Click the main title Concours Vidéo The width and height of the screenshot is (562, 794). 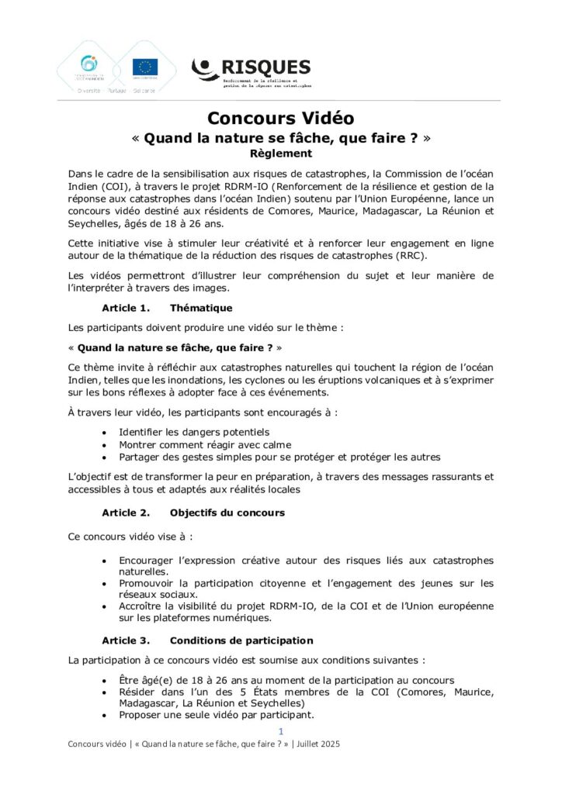pyautogui.click(x=280, y=118)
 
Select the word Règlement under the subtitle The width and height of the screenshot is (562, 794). pyautogui.click(x=280, y=154)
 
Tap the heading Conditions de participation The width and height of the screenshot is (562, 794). pyautogui.click(x=241, y=640)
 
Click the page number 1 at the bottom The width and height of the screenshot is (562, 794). pyautogui.click(x=281, y=731)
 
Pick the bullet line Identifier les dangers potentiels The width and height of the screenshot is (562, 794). pyautogui.click(x=194, y=431)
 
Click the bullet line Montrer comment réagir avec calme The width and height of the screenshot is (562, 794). pyautogui.click(x=205, y=444)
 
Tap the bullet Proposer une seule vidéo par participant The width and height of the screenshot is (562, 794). pyautogui.click(x=217, y=714)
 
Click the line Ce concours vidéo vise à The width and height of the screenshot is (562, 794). pyautogui.click(x=130, y=536)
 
